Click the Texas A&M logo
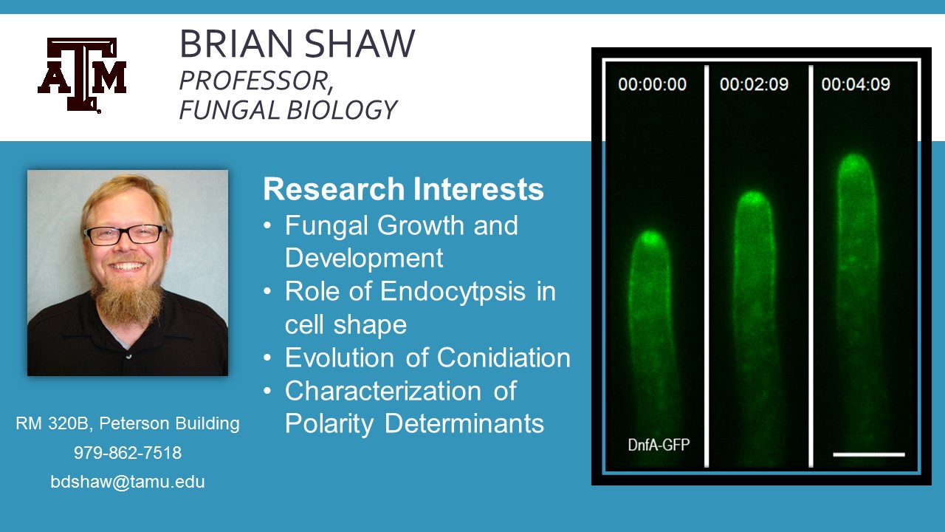(82, 75)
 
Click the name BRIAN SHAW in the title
(298, 43)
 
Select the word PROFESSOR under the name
(253, 81)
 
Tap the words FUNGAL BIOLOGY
(288, 110)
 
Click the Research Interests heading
(403, 188)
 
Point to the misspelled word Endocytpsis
(453, 292)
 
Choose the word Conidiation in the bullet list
(504, 358)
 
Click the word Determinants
(464, 423)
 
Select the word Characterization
(383, 391)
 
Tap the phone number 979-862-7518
(128, 453)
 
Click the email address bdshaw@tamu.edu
(128, 482)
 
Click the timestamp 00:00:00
(652, 84)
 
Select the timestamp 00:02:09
(754, 84)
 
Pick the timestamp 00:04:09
(856, 84)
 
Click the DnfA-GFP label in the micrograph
(659, 445)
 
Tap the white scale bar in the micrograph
(869, 454)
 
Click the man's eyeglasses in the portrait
(125, 234)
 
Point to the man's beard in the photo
(126, 296)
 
